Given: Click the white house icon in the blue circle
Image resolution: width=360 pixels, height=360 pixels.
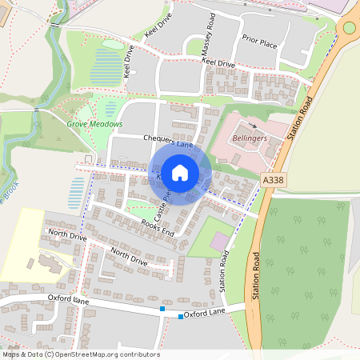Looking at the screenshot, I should coord(180,172).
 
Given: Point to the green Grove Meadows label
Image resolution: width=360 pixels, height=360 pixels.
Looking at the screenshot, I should coord(95,124).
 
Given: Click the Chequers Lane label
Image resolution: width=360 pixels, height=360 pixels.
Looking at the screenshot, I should coord(168,139).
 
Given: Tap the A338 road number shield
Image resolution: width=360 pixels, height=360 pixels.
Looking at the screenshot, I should coord(274,182).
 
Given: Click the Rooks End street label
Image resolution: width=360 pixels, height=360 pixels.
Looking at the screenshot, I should coord(157,226).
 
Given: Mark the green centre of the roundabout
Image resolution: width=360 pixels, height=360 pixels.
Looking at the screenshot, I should coord(350,27).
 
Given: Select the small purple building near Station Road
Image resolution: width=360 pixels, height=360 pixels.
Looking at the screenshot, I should coord(218,241).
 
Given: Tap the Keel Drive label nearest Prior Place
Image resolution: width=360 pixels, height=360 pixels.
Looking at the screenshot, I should coord(218,62).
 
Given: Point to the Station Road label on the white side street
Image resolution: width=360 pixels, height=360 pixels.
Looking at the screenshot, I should coord(225,270).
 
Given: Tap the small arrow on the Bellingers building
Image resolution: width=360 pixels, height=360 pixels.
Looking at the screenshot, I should coord(254,126).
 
